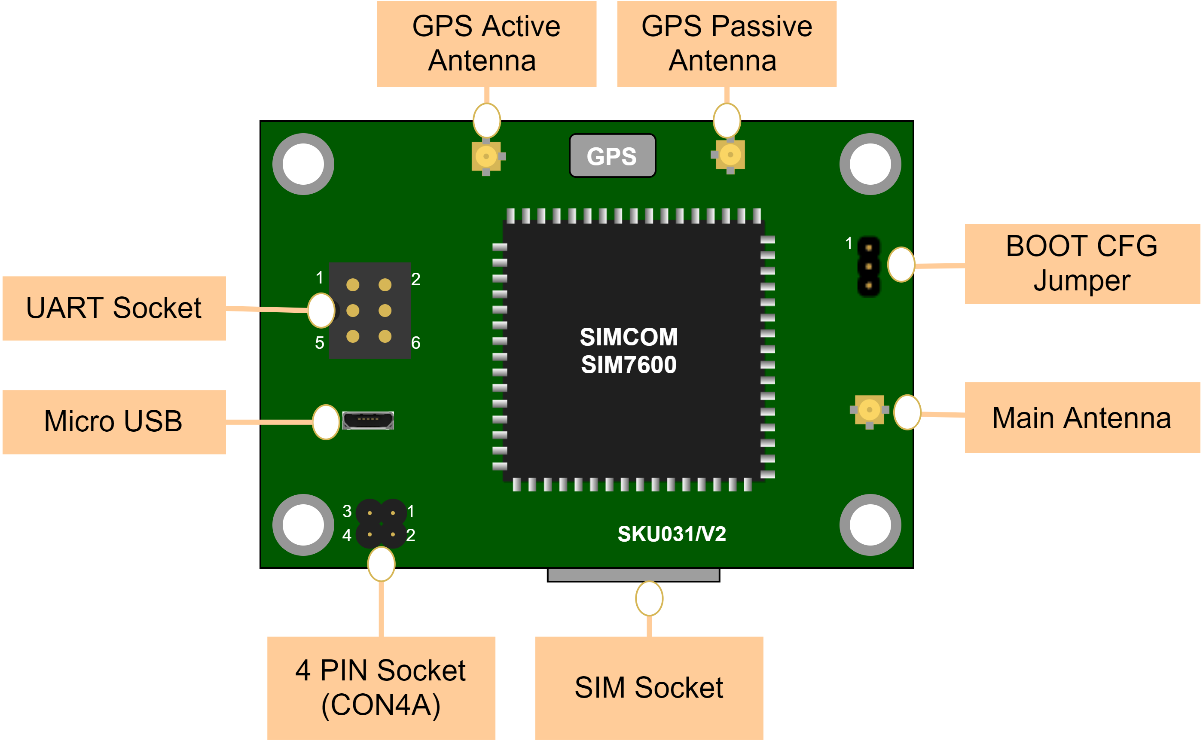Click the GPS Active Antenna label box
click(487, 43)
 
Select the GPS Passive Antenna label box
click(726, 43)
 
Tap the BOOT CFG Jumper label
click(1082, 264)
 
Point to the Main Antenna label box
click(1082, 418)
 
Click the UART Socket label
click(114, 308)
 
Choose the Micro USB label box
click(114, 422)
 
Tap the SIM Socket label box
click(649, 687)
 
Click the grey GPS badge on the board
click(612, 156)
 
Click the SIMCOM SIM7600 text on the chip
click(629, 351)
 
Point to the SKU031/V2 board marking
click(672, 534)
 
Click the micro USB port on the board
click(368, 420)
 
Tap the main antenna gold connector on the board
click(869, 410)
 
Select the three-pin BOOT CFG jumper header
click(868, 267)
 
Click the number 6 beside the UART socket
click(416, 343)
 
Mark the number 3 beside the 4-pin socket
click(347, 511)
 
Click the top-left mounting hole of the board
click(303, 164)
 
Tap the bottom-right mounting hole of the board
click(870, 524)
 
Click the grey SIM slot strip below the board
click(633, 574)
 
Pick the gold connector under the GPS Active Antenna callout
click(486, 156)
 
